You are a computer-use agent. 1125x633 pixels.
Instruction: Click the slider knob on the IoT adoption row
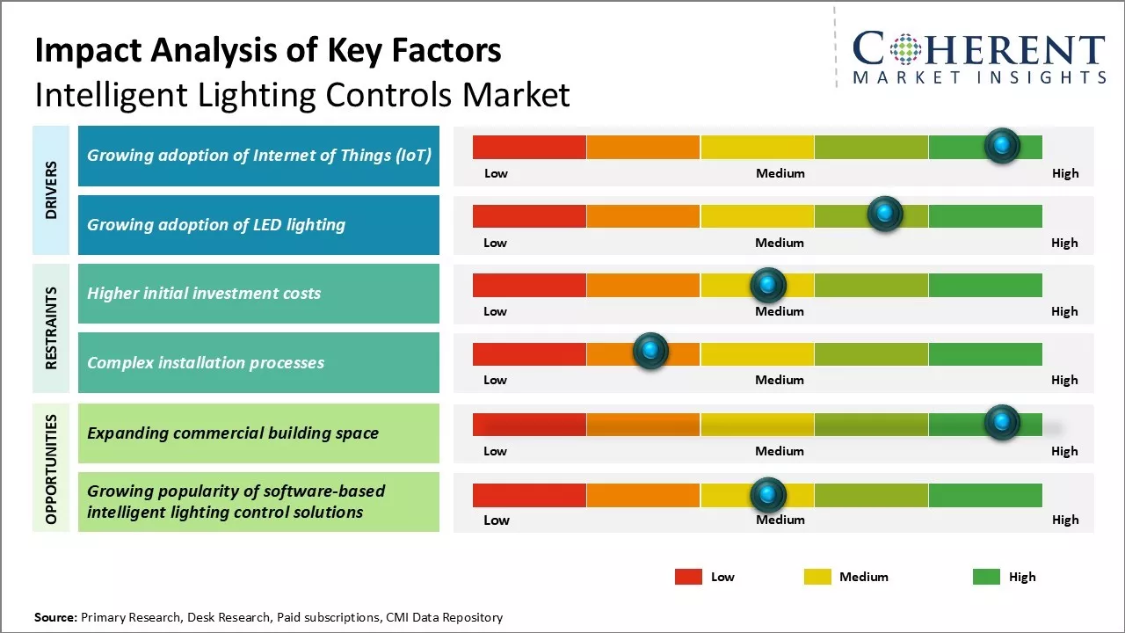pyautogui.click(x=1002, y=145)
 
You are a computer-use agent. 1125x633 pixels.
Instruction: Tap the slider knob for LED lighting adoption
pyautogui.click(x=885, y=214)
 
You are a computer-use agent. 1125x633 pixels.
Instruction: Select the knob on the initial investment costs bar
pyautogui.click(x=768, y=285)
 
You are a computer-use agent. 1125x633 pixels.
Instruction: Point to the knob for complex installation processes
pyautogui.click(x=650, y=352)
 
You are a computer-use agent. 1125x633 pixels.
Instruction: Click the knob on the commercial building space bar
pyautogui.click(x=1002, y=423)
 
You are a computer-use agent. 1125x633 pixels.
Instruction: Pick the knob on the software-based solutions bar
pyautogui.click(x=768, y=495)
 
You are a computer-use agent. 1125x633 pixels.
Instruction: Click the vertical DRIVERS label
pyautogui.click(x=51, y=190)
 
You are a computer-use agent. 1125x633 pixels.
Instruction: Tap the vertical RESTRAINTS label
pyautogui.click(x=51, y=328)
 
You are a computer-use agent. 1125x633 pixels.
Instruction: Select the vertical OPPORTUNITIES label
pyautogui.click(x=51, y=469)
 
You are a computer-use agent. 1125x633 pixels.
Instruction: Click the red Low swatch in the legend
pyautogui.click(x=688, y=577)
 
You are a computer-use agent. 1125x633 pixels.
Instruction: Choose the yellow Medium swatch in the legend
pyautogui.click(x=817, y=577)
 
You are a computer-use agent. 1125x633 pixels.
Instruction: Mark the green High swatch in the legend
pyautogui.click(x=986, y=577)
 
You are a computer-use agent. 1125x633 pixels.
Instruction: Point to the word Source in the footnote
pyautogui.click(x=55, y=617)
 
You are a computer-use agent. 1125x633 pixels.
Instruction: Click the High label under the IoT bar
pyautogui.click(x=1064, y=173)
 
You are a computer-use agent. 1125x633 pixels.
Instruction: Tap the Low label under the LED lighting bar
pyautogui.click(x=495, y=243)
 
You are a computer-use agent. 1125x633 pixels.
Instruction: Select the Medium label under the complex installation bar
pyautogui.click(x=780, y=380)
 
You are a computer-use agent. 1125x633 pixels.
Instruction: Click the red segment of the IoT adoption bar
pyautogui.click(x=529, y=147)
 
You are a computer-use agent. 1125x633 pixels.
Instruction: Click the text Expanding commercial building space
pyautogui.click(x=233, y=433)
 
